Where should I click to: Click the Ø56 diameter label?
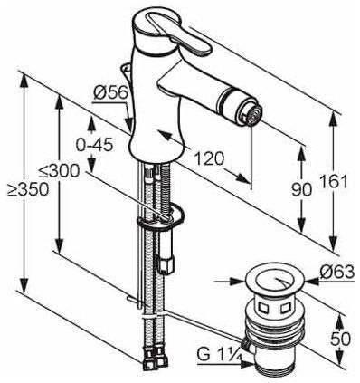click(x=110, y=93)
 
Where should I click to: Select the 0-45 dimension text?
click(x=94, y=146)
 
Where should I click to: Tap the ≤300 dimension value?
click(x=59, y=171)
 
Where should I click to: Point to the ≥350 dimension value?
click(x=28, y=190)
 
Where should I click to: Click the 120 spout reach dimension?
click(x=209, y=158)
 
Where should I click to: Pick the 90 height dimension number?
click(x=301, y=190)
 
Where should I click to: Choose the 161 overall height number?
click(x=334, y=182)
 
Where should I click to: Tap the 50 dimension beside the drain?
click(x=341, y=340)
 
